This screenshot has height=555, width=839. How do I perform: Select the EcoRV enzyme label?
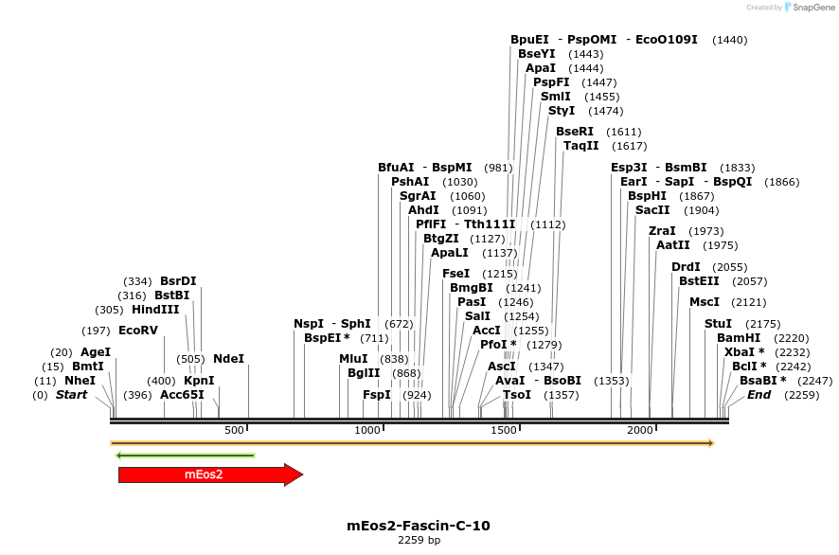(x=138, y=331)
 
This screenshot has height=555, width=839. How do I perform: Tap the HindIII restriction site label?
(x=155, y=310)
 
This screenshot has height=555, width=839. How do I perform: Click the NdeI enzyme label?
(x=228, y=359)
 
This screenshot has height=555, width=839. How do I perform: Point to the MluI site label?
(x=353, y=359)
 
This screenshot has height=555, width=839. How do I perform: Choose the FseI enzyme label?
(x=455, y=274)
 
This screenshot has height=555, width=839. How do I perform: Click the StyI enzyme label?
(x=562, y=111)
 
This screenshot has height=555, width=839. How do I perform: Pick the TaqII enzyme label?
(x=581, y=146)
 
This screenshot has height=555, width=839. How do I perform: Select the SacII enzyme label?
(x=652, y=210)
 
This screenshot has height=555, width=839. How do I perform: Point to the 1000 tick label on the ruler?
(x=367, y=431)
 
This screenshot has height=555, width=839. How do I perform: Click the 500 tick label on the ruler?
(x=234, y=431)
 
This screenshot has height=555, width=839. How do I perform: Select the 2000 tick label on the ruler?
(x=641, y=431)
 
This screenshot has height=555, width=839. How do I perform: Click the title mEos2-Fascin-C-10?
(x=419, y=526)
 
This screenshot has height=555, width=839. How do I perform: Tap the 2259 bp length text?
(x=419, y=541)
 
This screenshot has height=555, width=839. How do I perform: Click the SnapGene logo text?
(x=813, y=8)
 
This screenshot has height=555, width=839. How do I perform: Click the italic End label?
(x=759, y=395)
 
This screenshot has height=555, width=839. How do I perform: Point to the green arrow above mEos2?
(x=186, y=456)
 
